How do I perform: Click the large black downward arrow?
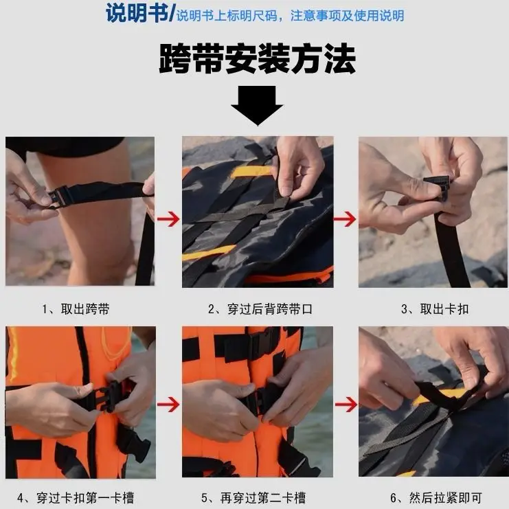click(x=257, y=104)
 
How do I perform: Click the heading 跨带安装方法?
click(x=257, y=59)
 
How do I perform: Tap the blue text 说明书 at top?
click(x=137, y=14)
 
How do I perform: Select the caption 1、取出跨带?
click(x=76, y=309)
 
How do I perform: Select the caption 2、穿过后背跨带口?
click(x=260, y=309)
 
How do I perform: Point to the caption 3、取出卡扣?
click(x=434, y=309)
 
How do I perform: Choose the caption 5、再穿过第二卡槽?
click(x=254, y=497)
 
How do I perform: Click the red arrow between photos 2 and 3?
click(x=346, y=220)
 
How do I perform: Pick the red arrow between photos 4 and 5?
click(x=168, y=404)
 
